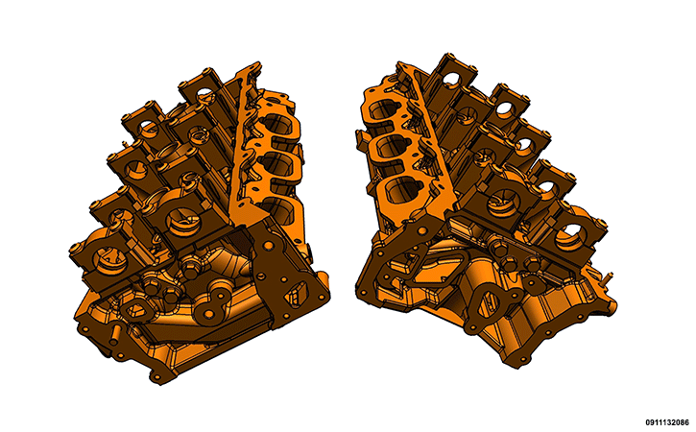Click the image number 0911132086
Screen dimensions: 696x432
(x=667, y=421)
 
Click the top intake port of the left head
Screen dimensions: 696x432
(x=277, y=124)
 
